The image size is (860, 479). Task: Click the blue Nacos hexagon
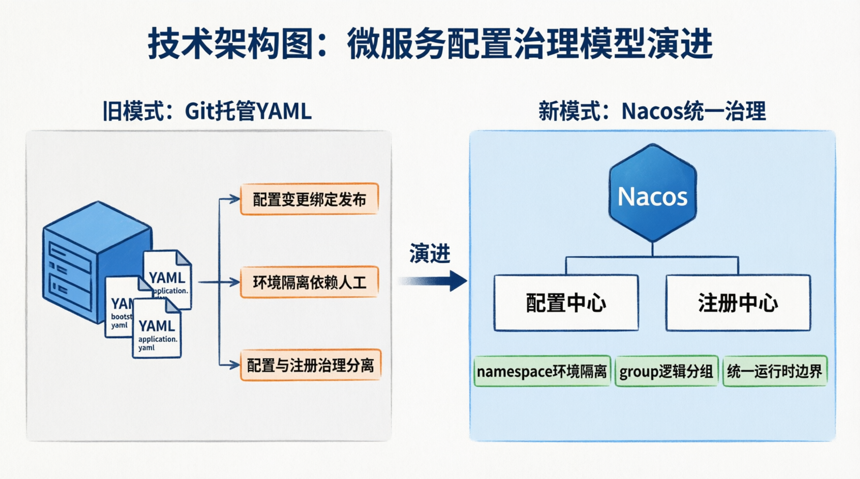[652, 194]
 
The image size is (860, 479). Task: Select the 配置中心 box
[566, 303]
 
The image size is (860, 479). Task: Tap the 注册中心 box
[738, 303]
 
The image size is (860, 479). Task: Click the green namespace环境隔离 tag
[542, 371]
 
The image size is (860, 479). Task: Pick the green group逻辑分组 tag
[666, 371]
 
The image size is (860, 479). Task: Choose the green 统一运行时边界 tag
[774, 371]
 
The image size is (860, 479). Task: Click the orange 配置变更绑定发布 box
[309, 199]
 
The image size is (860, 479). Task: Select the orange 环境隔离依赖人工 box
[309, 282]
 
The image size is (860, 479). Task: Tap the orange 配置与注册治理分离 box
[310, 365]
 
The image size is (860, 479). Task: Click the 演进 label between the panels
[429, 253]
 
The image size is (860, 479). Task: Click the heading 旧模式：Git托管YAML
[207, 111]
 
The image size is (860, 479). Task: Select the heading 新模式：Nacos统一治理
[652, 111]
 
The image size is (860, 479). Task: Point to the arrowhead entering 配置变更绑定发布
[236, 199]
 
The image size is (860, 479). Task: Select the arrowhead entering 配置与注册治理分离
[236, 365]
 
